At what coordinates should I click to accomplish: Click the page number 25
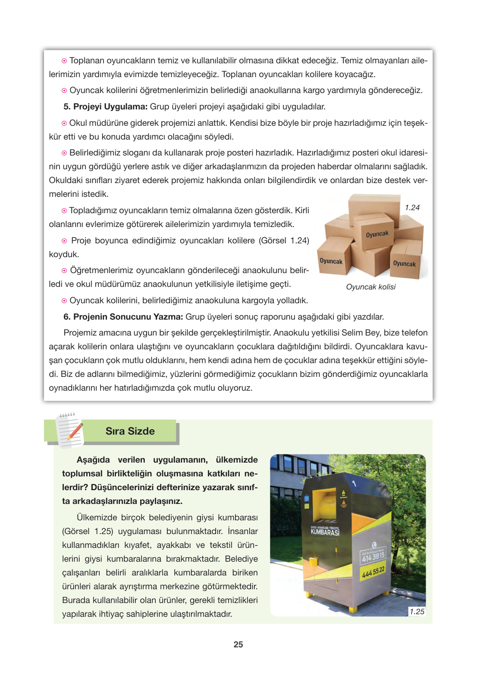click(238, 644)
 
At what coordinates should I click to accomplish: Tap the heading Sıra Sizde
click(130, 431)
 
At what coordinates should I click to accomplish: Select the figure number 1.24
click(412, 208)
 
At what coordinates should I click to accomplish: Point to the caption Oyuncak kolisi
click(370, 287)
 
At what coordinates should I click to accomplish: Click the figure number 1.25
click(417, 612)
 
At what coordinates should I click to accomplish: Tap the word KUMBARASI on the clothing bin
click(325, 532)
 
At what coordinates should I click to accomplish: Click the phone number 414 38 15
click(373, 557)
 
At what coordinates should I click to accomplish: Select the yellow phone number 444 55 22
click(373, 572)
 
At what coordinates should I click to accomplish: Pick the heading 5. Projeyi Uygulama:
click(106, 106)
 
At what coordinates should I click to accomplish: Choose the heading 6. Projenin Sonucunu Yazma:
click(123, 317)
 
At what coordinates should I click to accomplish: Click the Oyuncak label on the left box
click(331, 261)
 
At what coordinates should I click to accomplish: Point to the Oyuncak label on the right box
click(404, 264)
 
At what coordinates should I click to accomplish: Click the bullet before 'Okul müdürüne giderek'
click(64, 123)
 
